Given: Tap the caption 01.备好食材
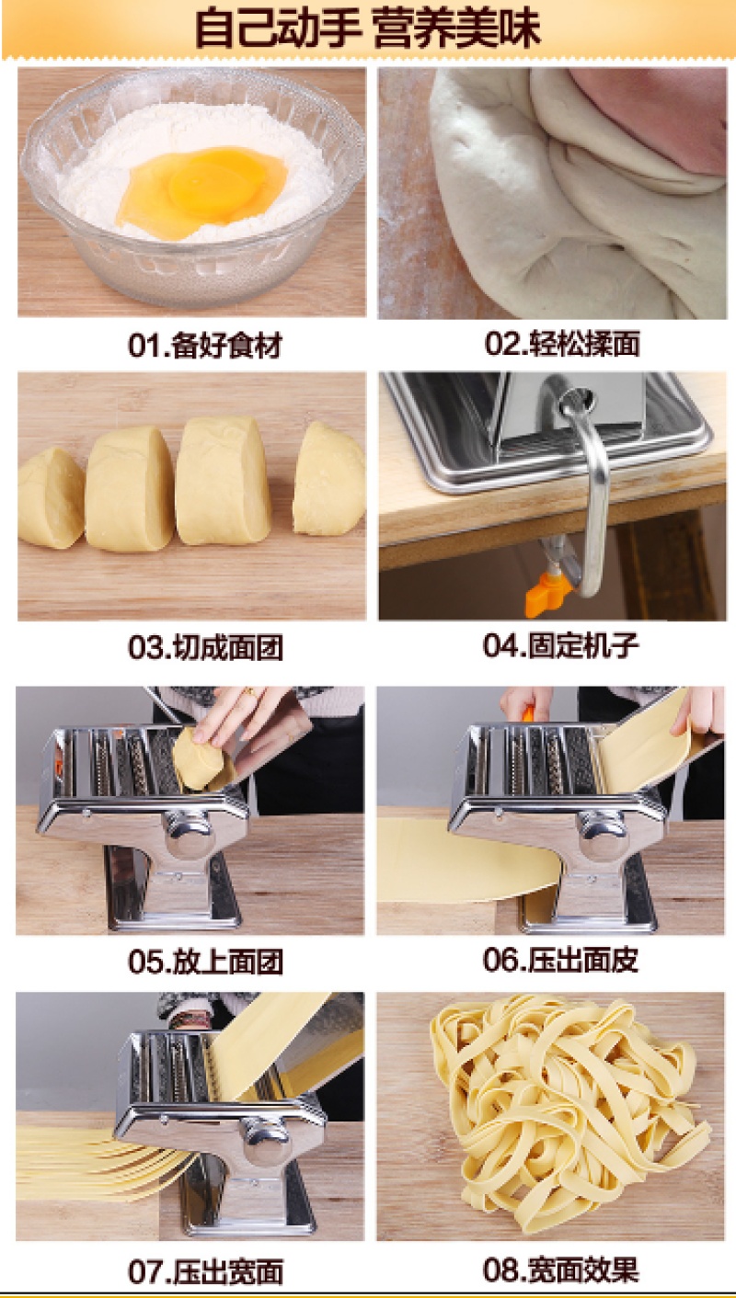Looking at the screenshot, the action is pyautogui.click(x=205, y=346).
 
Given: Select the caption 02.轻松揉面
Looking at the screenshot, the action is pyautogui.click(x=562, y=344).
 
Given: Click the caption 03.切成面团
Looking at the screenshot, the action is pyautogui.click(x=205, y=647).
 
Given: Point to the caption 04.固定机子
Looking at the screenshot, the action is pyautogui.click(x=561, y=645).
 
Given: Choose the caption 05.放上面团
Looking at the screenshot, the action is pyautogui.click(x=205, y=962).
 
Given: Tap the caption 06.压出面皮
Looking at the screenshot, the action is pyautogui.click(x=561, y=960).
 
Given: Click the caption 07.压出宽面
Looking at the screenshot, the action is pyautogui.click(x=205, y=1271).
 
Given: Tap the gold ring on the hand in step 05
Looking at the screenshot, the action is pyautogui.click(x=250, y=691).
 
